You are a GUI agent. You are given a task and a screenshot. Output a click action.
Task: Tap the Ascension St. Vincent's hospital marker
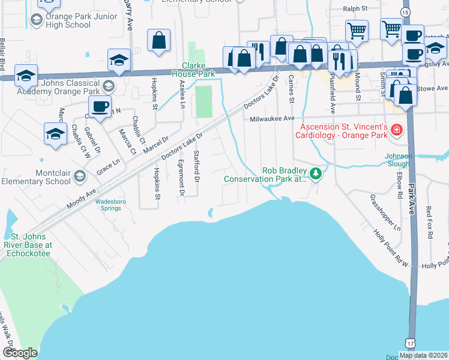[x=396, y=130]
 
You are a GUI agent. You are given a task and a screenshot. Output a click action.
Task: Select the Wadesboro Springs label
[x=109, y=205]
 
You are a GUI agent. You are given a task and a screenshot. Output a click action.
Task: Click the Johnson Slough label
[x=399, y=160]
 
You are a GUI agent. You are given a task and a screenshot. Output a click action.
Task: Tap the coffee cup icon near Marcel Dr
[x=100, y=107]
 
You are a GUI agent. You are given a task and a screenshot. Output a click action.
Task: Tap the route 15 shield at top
[x=406, y=12]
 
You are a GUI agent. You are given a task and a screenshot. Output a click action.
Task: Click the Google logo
[x=20, y=353]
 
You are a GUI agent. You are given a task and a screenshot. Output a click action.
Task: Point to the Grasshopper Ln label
[x=385, y=212]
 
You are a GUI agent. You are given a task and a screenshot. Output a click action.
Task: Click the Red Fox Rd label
[x=429, y=223]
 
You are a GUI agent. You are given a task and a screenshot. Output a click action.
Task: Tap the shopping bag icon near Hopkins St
[x=159, y=42]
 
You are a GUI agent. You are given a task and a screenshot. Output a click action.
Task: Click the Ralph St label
[x=355, y=9]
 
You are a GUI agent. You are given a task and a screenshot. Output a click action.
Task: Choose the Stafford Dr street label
[x=195, y=167]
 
